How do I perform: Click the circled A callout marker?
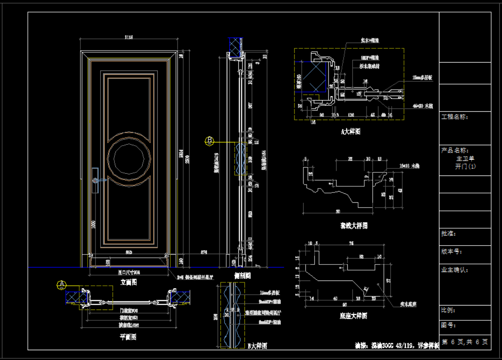62,285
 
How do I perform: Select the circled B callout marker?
210,141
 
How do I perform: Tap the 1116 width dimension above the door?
129,38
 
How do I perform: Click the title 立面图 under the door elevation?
129,282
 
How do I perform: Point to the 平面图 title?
128,337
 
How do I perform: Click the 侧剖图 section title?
242,276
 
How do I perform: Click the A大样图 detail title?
350,132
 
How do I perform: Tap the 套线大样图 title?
354,226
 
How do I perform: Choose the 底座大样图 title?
353,316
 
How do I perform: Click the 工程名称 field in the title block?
454,117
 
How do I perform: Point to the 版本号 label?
451,251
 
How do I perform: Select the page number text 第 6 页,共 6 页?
465,342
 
